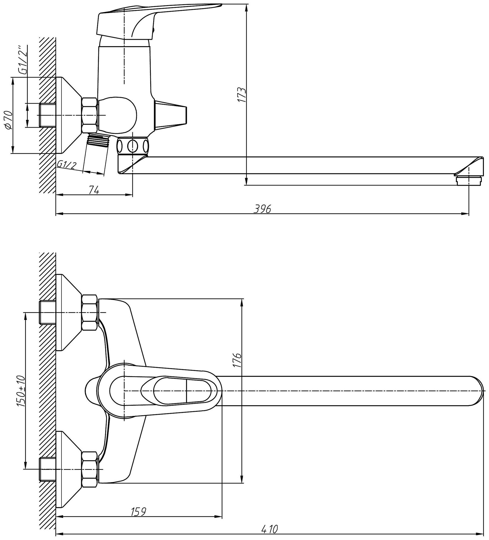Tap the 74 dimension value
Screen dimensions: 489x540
pos(94,190)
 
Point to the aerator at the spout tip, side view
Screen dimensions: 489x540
pos(469,181)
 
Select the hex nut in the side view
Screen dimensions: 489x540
pos(89,115)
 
